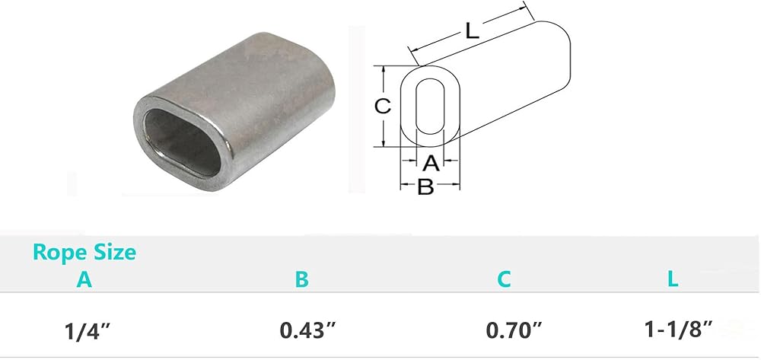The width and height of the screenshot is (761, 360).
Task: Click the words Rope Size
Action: click(84, 253)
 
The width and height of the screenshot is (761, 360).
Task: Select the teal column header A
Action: click(84, 280)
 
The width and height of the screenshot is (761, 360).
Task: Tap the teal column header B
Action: click(301, 279)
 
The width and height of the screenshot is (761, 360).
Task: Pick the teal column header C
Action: click(504, 279)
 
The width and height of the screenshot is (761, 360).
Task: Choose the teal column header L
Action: click(673, 279)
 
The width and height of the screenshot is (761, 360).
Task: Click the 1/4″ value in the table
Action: click(91, 331)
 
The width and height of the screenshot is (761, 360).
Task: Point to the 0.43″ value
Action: click(307, 331)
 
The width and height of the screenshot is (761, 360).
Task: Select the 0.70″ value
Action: click(514, 331)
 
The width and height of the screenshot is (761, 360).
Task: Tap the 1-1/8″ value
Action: click(678, 330)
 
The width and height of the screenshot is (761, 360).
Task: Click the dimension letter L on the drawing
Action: click(472, 31)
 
